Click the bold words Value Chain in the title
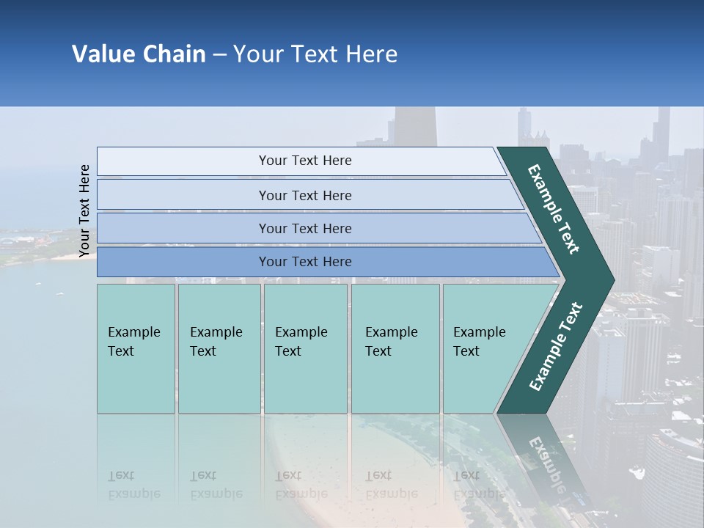click(x=139, y=54)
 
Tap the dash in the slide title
click(x=219, y=54)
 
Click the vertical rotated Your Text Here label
click(x=84, y=210)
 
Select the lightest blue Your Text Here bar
click(x=305, y=161)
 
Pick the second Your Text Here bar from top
click(x=305, y=195)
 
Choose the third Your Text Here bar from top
click(x=305, y=228)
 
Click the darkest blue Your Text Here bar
click(x=305, y=262)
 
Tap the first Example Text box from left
click(x=136, y=348)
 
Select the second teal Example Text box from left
click(x=219, y=348)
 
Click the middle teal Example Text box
click(x=305, y=348)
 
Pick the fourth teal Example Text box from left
click(x=395, y=348)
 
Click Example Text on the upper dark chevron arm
click(x=554, y=209)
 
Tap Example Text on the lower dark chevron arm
click(x=555, y=347)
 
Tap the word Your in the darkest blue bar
click(x=272, y=262)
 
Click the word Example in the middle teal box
click(x=301, y=332)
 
